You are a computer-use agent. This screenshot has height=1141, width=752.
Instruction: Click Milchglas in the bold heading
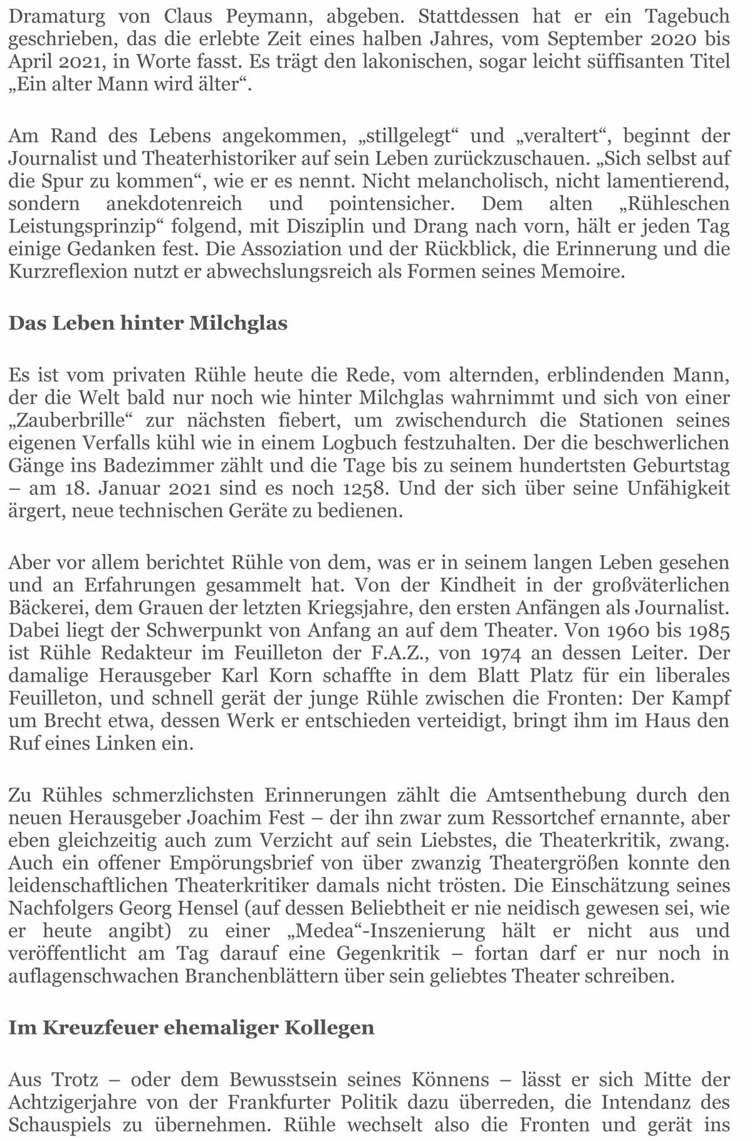(x=238, y=323)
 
